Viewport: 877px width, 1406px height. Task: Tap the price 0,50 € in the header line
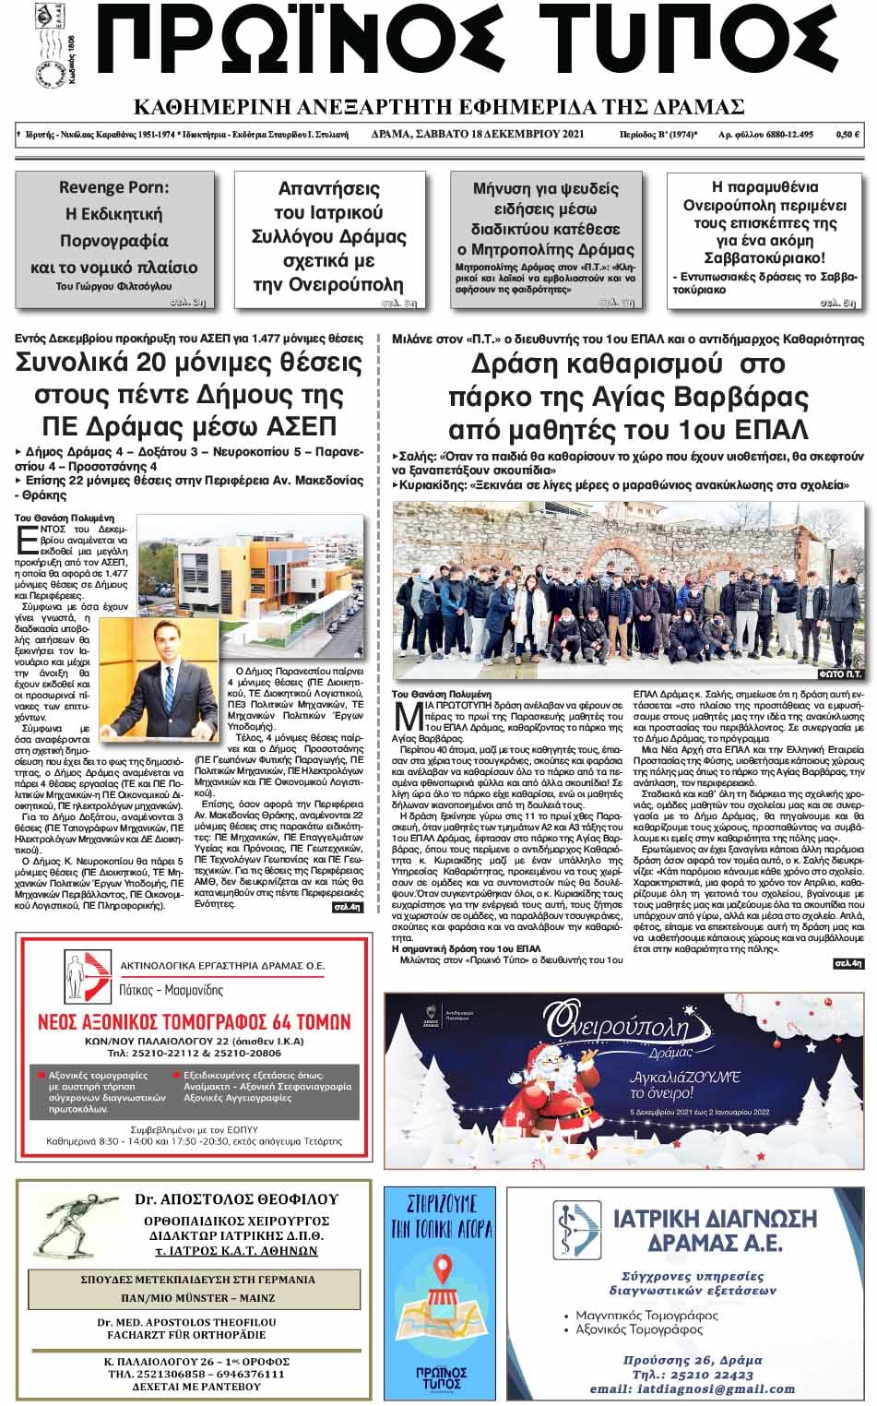tap(847, 135)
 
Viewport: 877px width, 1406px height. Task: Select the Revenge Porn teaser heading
tap(114, 187)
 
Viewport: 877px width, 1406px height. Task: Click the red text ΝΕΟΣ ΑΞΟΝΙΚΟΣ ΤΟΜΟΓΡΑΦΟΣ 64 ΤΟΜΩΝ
tap(193, 1021)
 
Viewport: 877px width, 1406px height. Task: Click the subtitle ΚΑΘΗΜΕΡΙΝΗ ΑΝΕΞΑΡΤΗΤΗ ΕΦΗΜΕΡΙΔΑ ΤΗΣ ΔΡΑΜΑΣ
tap(439, 104)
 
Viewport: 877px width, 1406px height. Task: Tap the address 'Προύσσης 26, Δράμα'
tap(692, 1359)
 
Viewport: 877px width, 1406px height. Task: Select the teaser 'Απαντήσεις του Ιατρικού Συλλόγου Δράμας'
tap(328, 235)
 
